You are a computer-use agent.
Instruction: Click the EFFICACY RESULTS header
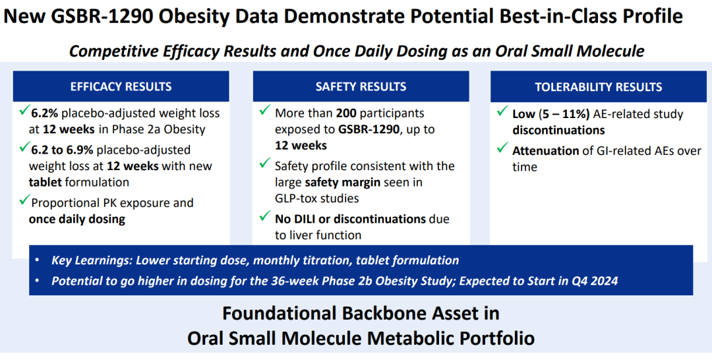click(121, 86)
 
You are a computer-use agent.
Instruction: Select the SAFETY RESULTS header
click(361, 86)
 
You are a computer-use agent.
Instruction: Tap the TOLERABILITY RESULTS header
click(598, 86)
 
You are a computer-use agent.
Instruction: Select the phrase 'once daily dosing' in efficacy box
click(77, 219)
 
